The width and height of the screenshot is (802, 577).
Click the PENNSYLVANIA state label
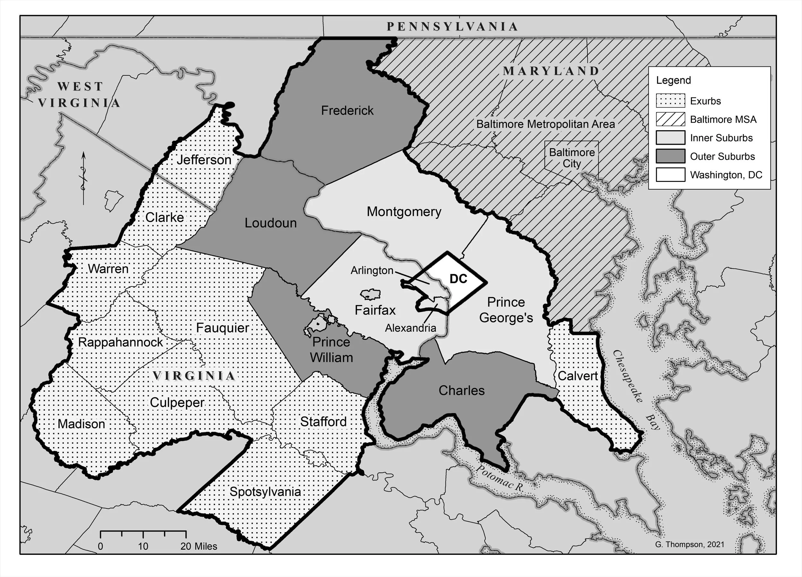point(452,27)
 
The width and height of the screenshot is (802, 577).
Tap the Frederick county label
point(347,111)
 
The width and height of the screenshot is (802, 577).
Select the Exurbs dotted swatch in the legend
point(670,101)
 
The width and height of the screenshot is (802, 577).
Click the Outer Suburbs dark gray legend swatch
point(670,156)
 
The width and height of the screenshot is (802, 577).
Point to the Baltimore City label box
point(571,158)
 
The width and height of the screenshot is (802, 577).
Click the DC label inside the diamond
point(458,279)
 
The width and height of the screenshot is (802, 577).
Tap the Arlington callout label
point(372,270)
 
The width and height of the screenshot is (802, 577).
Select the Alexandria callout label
point(410,328)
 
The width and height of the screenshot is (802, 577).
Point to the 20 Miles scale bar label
point(199,546)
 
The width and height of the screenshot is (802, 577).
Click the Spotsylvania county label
point(265,492)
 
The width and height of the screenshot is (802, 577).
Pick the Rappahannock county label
point(120,342)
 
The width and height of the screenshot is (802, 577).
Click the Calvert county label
point(577,376)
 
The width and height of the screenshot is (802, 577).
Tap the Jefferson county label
point(204,160)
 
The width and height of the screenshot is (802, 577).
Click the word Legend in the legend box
point(673,80)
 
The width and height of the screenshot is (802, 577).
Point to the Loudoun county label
point(270,223)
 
